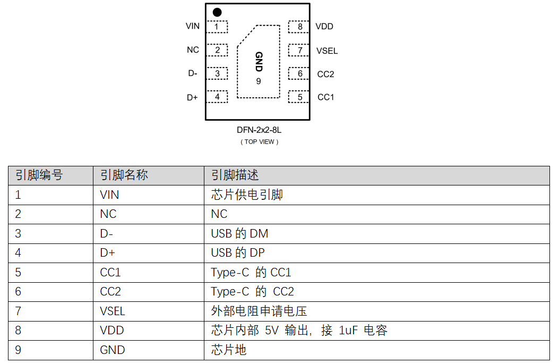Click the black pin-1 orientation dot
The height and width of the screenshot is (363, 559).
pos(217,13)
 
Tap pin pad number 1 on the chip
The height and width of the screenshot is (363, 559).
pos(217,27)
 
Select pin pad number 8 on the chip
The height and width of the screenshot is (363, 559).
pos(299,27)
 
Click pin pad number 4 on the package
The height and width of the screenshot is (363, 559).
pos(217,97)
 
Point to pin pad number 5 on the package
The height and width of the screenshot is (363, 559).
pos(299,97)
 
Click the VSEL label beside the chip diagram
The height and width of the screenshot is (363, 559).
pos(327,51)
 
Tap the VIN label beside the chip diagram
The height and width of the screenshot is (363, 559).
pos(193,26)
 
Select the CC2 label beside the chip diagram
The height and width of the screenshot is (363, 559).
pos(325,74)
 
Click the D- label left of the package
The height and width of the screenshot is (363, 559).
pos(193,73)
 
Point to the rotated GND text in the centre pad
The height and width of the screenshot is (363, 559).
pos(259,62)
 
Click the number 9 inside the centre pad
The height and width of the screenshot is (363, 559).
pos(259,81)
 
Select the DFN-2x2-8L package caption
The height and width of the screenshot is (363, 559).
pos(259,130)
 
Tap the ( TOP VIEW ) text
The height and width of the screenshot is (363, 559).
pos(259,142)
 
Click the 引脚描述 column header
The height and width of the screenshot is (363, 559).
pos(235,175)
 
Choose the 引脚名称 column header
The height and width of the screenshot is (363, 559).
pos(124,175)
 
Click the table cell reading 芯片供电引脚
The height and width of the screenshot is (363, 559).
pos(247,195)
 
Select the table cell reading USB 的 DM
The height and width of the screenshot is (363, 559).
pos(239,233)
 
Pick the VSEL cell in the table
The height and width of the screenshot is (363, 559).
pos(113,311)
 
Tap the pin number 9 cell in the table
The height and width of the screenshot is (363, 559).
pos(18,350)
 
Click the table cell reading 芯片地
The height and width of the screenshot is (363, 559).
pos(228,350)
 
